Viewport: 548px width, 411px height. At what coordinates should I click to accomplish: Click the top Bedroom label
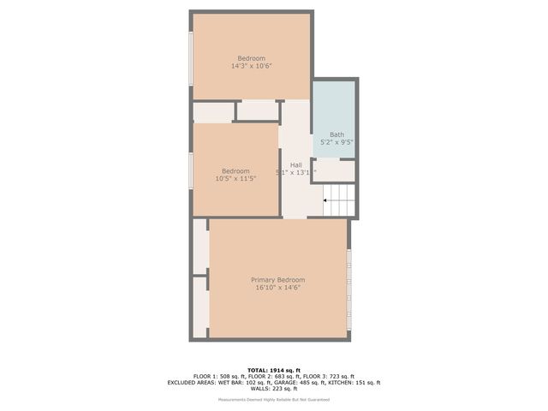tap(251, 58)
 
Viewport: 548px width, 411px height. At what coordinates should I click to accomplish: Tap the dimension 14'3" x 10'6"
tap(251, 66)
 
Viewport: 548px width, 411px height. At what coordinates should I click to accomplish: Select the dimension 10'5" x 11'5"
tap(235, 178)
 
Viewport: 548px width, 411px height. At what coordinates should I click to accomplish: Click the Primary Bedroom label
tap(277, 280)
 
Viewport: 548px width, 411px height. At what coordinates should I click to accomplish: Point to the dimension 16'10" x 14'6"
tap(277, 288)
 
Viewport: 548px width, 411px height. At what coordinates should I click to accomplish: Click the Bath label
tap(337, 134)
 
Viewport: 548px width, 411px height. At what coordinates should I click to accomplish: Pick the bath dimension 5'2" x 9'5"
tap(337, 142)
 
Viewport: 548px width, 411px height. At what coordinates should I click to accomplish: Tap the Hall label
tap(295, 164)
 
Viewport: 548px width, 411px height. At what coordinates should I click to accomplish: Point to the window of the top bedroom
tap(191, 57)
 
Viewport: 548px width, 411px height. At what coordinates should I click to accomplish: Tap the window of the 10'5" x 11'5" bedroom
tap(191, 170)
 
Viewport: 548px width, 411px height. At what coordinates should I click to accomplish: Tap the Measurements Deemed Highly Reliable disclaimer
tap(274, 400)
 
